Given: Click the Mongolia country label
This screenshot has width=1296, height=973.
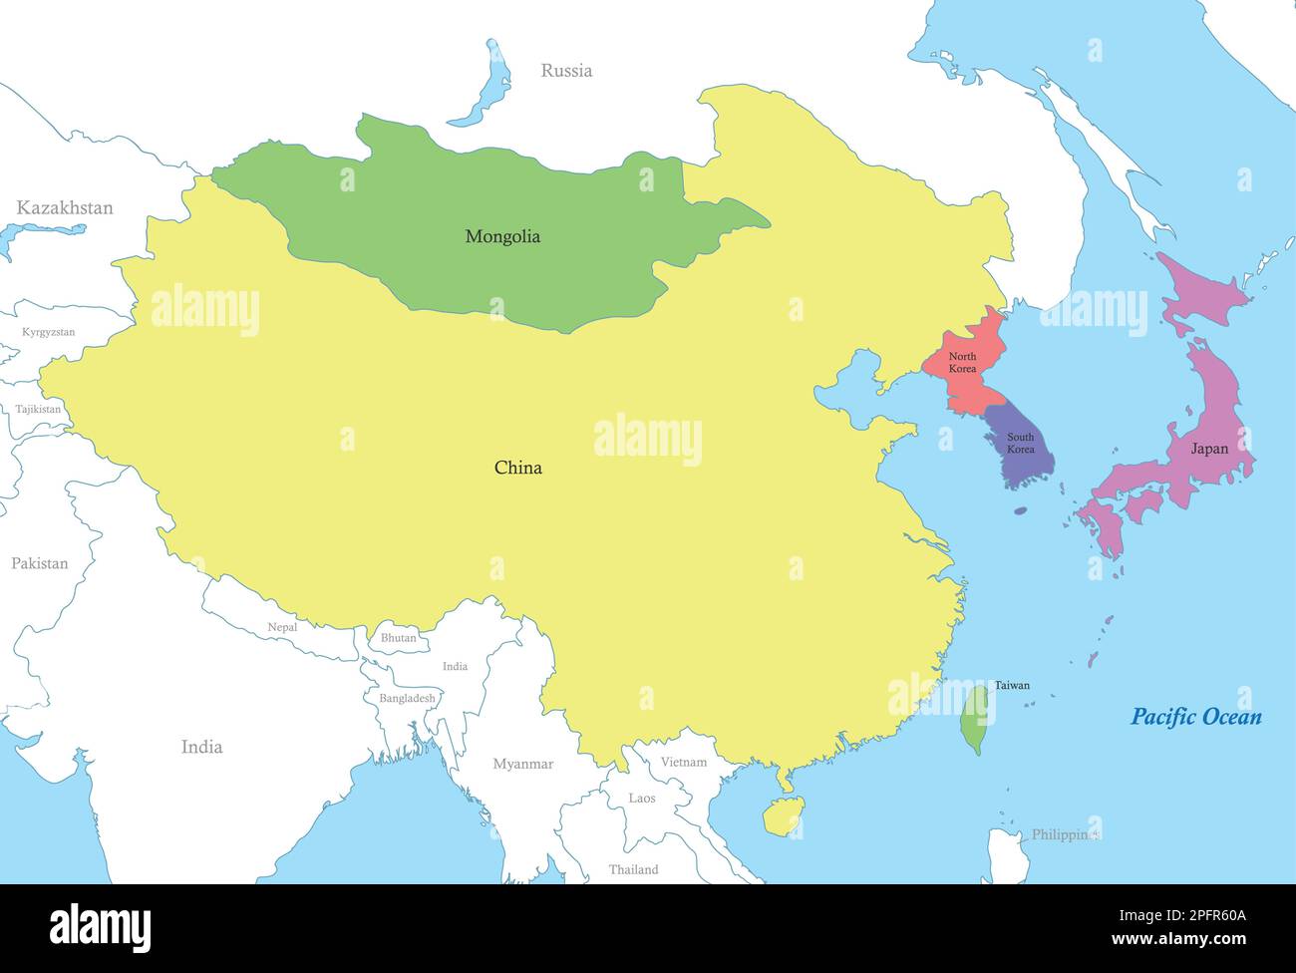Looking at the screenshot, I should [502, 236].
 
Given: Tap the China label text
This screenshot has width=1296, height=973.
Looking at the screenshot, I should [518, 468].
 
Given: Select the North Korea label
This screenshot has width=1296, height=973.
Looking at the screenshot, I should [962, 363].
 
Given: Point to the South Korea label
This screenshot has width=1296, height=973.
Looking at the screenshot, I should [1020, 443].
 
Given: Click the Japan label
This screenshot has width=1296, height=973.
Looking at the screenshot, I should [1209, 449].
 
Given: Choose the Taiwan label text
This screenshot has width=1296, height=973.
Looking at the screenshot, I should [1012, 685].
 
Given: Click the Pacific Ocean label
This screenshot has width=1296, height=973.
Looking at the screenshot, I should [1195, 717].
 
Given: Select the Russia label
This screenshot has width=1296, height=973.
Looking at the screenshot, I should [566, 71].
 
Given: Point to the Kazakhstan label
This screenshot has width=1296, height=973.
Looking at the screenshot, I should [65, 208].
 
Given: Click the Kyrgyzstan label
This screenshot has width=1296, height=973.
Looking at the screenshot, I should [48, 332].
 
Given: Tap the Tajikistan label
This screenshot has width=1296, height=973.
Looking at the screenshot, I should [38, 409].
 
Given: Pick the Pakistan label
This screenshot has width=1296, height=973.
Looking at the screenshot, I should [40, 563].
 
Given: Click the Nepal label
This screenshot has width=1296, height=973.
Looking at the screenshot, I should [282, 627].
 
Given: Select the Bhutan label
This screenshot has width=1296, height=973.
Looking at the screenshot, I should [399, 638].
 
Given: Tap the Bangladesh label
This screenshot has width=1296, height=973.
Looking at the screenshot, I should [407, 698].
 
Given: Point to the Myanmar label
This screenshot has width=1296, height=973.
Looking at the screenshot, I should [522, 764].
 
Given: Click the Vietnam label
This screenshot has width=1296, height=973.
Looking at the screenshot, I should [684, 762].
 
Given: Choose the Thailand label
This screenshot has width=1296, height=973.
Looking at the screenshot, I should [634, 869].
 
